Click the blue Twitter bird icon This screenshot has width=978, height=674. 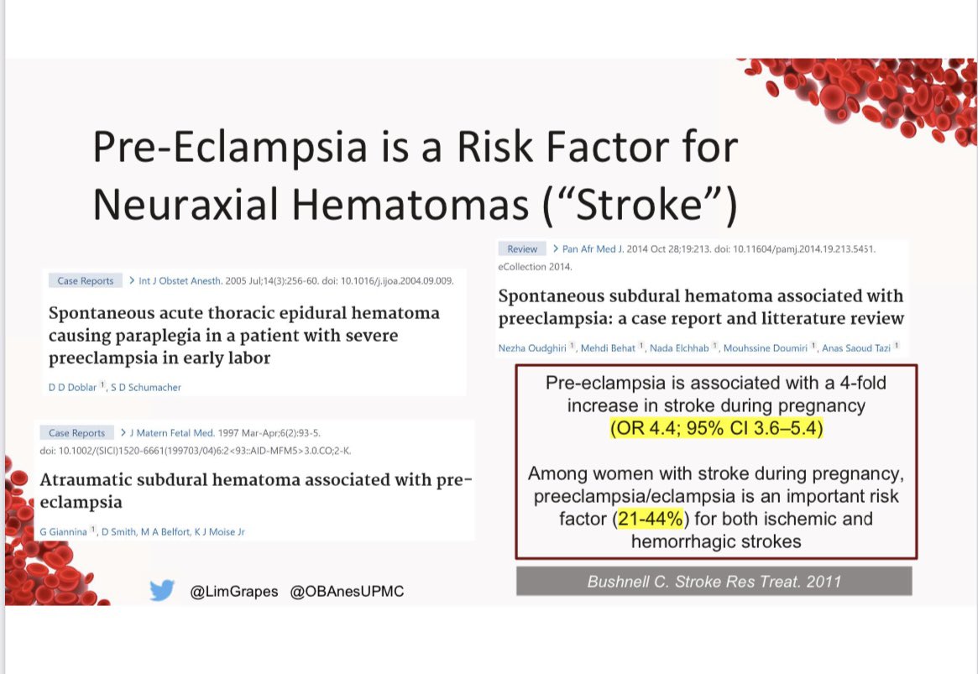[x=162, y=590]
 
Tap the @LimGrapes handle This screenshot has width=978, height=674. [x=234, y=591]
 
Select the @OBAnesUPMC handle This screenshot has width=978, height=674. [x=347, y=591]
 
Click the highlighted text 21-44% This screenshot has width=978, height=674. [x=650, y=519]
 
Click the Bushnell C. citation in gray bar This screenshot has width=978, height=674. [x=714, y=582]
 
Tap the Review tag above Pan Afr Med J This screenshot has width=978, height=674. [x=522, y=248]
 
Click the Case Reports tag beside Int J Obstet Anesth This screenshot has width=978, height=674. [x=86, y=280]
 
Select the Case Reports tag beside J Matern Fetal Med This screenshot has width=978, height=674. [x=76, y=433]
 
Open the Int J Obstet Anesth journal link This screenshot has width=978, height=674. [x=180, y=280]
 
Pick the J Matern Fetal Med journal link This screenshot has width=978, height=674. [x=171, y=433]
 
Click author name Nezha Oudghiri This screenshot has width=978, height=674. [x=532, y=347]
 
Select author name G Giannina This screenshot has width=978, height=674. [x=63, y=532]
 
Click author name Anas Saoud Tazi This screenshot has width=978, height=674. [x=855, y=347]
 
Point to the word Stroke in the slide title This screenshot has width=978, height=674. [x=640, y=204]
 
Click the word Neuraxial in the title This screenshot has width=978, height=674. [x=186, y=204]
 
